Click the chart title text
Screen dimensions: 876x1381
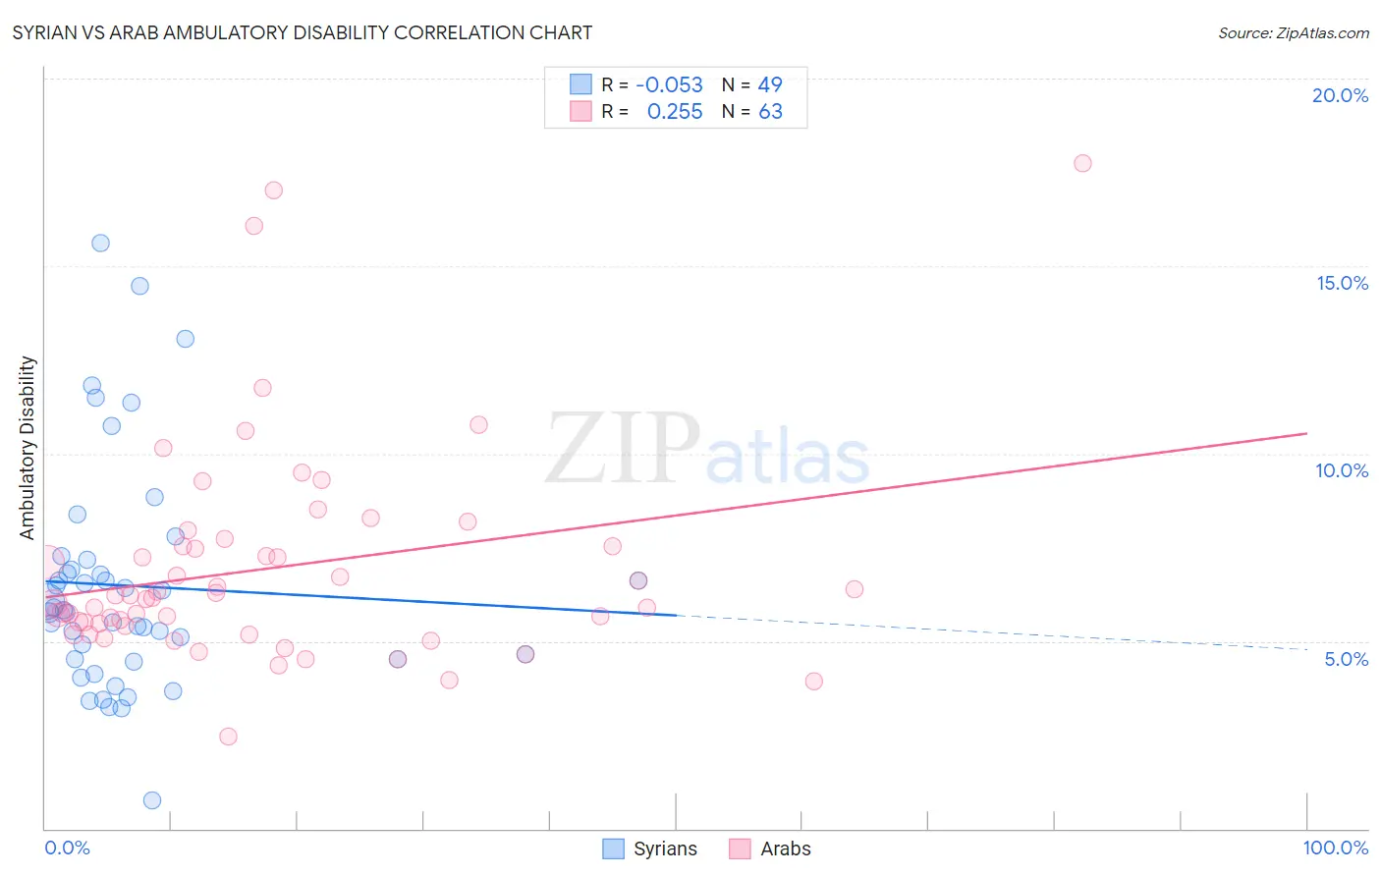tap(302, 32)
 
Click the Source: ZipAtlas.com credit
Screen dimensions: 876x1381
tap(1293, 32)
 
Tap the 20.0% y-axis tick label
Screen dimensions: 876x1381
tap(1340, 95)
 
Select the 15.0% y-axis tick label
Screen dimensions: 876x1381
tap(1342, 283)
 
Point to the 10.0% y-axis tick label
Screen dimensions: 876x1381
tap(1342, 470)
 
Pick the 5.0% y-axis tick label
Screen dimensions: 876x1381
tap(1346, 659)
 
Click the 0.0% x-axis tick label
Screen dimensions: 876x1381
tap(67, 848)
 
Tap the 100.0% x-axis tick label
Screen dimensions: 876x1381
tap(1335, 848)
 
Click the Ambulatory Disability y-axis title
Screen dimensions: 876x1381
tap(28, 448)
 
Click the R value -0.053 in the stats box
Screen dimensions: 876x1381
tap(669, 85)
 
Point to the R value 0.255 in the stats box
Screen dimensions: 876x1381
tap(675, 112)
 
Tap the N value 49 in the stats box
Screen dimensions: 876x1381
tap(770, 85)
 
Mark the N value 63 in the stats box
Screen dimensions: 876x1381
tap(770, 112)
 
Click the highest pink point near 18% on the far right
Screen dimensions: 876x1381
tap(1082, 163)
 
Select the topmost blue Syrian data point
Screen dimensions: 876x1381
tap(100, 243)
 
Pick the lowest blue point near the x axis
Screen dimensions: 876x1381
tap(152, 800)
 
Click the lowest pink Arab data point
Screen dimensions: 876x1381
tap(228, 737)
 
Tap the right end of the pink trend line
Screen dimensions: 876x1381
tap(1306, 433)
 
